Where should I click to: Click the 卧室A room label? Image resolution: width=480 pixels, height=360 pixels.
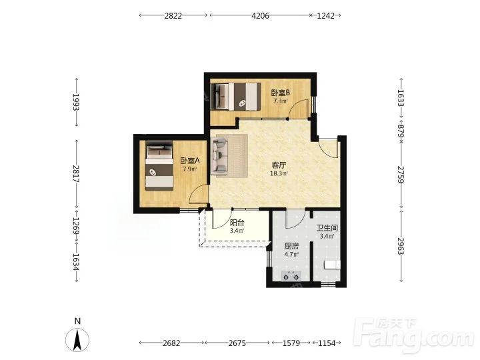190,161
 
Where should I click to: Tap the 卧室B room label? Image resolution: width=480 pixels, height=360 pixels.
281,93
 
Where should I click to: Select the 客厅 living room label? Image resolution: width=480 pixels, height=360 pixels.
279,165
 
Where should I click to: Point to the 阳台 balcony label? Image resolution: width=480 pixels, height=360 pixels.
237,223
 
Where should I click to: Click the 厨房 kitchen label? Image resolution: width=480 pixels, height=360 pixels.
291,246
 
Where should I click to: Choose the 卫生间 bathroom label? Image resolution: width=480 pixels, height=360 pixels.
327,228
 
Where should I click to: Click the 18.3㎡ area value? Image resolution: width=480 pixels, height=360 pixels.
279,173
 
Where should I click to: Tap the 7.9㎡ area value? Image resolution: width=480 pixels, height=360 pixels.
190,169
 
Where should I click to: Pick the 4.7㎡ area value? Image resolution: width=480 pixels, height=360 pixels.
291,255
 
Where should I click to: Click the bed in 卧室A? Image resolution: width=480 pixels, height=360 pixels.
159,165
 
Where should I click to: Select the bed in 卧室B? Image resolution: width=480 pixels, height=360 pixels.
236,97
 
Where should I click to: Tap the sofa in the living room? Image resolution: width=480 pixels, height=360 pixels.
219,156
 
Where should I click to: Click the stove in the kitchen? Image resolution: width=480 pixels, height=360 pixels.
291,276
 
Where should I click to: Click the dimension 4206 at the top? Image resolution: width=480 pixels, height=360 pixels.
260,15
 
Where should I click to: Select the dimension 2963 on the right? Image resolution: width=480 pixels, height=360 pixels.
401,246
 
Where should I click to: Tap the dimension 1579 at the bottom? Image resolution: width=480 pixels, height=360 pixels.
291,343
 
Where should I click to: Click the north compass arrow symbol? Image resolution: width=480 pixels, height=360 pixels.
77,340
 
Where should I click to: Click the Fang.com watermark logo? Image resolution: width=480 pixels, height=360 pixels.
414,335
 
